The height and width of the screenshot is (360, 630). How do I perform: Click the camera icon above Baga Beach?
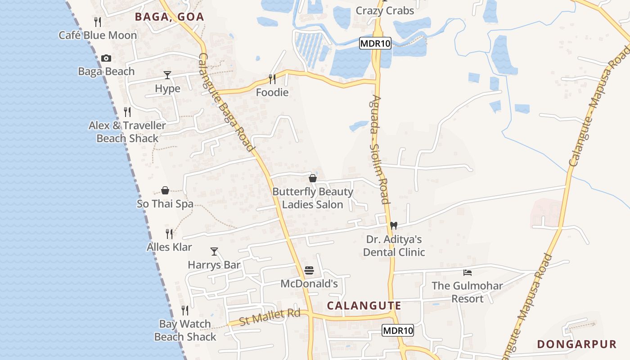click(x=106, y=58)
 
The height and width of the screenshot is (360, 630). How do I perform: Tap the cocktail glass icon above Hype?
click(x=167, y=75)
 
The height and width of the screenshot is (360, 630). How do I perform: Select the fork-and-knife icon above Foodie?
click(x=272, y=79)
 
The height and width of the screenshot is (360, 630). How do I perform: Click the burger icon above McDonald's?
click(x=309, y=270)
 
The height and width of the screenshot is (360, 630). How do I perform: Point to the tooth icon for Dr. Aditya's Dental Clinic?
click(x=394, y=225)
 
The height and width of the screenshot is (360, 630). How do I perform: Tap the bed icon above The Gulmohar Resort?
click(x=468, y=272)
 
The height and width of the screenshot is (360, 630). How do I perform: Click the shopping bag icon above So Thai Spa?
click(x=165, y=190)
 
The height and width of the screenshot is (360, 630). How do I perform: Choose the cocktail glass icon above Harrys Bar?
click(x=214, y=252)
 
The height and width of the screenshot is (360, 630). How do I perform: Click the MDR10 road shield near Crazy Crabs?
click(x=375, y=44)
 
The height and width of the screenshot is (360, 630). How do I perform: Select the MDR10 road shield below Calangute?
click(x=398, y=330)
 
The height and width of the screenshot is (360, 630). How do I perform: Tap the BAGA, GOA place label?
click(x=170, y=17)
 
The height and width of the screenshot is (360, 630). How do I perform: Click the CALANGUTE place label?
click(x=364, y=306)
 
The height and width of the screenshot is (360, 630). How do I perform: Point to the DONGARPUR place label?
click(x=577, y=345)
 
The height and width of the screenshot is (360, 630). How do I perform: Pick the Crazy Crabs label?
click(x=385, y=11)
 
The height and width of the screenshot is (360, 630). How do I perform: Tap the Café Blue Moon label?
click(x=98, y=35)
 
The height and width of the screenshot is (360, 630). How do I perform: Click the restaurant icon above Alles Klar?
click(x=169, y=234)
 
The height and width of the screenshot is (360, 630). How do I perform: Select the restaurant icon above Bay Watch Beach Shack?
click(x=185, y=310)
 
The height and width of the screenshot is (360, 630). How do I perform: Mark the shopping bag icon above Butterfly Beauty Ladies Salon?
click(x=313, y=178)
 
